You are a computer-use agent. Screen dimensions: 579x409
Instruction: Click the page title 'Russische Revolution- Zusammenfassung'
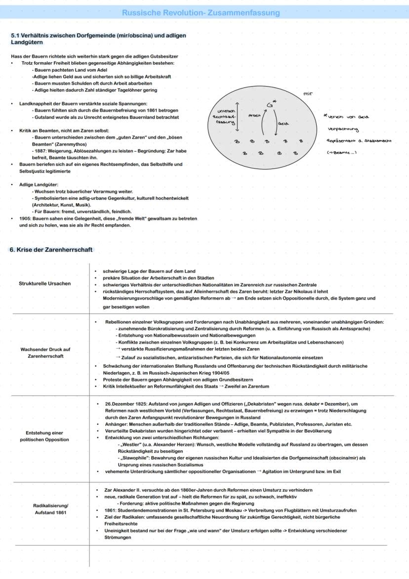[201, 13]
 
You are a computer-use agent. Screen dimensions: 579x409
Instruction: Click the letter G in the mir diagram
[269, 104]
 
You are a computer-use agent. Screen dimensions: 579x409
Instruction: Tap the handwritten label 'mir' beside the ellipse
[307, 92]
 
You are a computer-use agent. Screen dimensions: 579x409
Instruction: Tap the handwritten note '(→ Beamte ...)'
[342, 152]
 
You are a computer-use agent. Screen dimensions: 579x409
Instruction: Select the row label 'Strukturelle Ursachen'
[44, 283]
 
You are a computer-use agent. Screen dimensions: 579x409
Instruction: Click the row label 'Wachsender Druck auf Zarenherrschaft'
[44, 352]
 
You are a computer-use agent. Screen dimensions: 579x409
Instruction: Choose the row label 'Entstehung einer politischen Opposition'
[44, 436]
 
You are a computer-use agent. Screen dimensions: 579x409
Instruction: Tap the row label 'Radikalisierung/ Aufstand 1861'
[44, 509]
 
